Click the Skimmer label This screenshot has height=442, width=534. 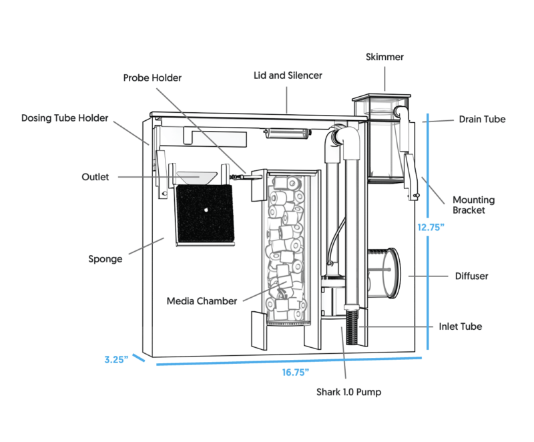[384, 57]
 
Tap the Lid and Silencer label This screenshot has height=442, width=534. [288, 75]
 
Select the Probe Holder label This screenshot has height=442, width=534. [152, 77]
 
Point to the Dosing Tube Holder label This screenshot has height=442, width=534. [65, 118]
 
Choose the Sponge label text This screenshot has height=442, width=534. [105, 258]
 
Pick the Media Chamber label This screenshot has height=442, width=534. [202, 301]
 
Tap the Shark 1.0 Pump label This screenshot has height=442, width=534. [348, 392]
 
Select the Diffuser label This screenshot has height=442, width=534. [471, 275]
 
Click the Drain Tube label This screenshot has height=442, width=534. [482, 120]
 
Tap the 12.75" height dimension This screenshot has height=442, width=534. [431, 227]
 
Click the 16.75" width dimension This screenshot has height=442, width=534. [294, 372]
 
